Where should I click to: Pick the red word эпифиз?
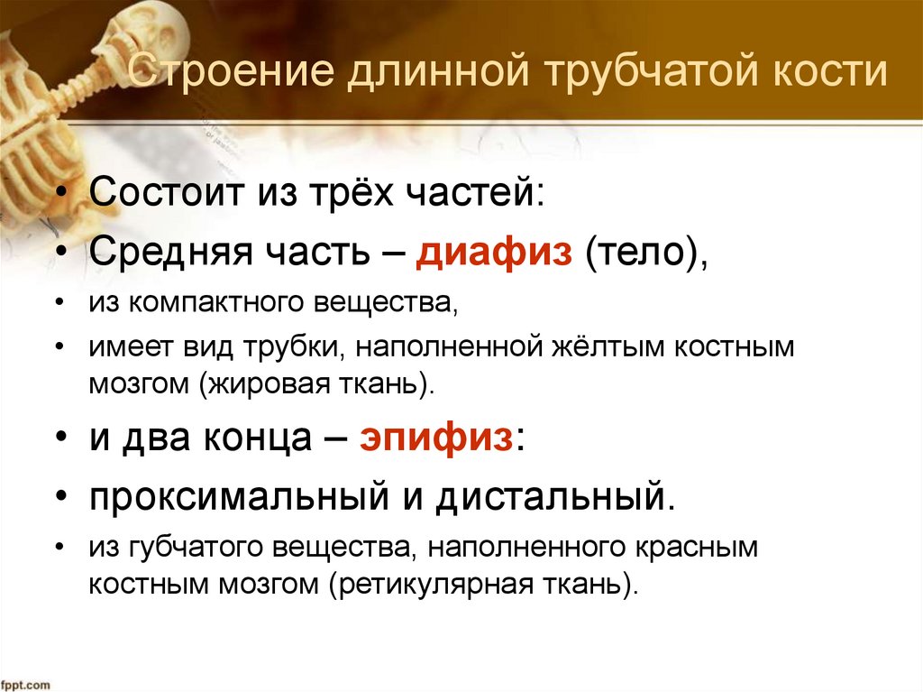437,442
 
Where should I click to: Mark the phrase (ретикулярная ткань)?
483,583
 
